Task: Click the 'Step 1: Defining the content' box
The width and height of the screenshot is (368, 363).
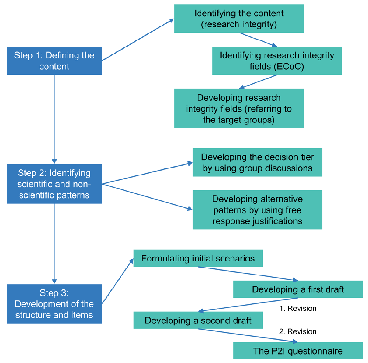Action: coord(54,61)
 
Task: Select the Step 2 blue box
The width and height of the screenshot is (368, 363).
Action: coord(54,184)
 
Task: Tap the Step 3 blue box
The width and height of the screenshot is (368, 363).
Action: coord(54,304)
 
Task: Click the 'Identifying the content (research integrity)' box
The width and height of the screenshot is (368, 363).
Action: coord(239,18)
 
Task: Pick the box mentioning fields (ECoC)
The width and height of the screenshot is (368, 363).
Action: coord(277,61)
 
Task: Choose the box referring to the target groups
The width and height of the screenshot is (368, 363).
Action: coord(239,108)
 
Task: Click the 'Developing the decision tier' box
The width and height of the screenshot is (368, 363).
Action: coord(258,162)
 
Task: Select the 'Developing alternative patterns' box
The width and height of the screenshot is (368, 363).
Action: coord(258,210)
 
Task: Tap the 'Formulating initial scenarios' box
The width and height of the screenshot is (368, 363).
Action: coord(198,258)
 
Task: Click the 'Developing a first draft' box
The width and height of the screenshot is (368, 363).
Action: coord(298,289)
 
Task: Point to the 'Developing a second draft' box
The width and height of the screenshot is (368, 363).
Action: coord(198,320)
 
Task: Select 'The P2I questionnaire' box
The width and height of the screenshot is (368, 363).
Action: coord(298,350)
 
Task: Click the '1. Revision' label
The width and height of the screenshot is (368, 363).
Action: coord(298,308)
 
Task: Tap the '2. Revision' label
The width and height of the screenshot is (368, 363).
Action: coord(298,331)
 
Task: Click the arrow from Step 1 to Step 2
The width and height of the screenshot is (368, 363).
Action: coord(54,120)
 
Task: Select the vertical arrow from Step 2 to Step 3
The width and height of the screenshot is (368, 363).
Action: coord(54,244)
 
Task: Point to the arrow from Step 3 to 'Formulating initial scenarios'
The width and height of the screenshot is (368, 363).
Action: coord(118,281)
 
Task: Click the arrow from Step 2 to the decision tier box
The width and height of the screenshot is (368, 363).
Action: coord(148,173)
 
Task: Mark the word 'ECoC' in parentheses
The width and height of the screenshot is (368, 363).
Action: coord(289,67)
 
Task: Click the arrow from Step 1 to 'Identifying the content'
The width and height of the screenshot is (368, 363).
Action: coord(138,40)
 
